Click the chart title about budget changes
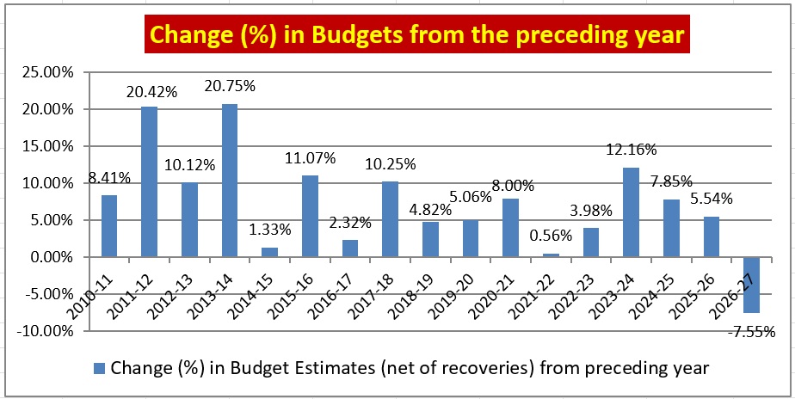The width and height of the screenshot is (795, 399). (416, 34)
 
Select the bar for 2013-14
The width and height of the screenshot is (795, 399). (230, 181)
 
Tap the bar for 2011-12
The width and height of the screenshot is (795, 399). (149, 182)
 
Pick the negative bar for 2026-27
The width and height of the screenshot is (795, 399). (752, 285)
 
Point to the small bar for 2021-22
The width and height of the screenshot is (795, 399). (551, 255)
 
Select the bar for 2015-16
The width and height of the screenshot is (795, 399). (310, 216)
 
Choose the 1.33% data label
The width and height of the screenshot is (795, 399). (269, 230)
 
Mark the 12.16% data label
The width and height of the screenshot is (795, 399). (631, 150)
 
